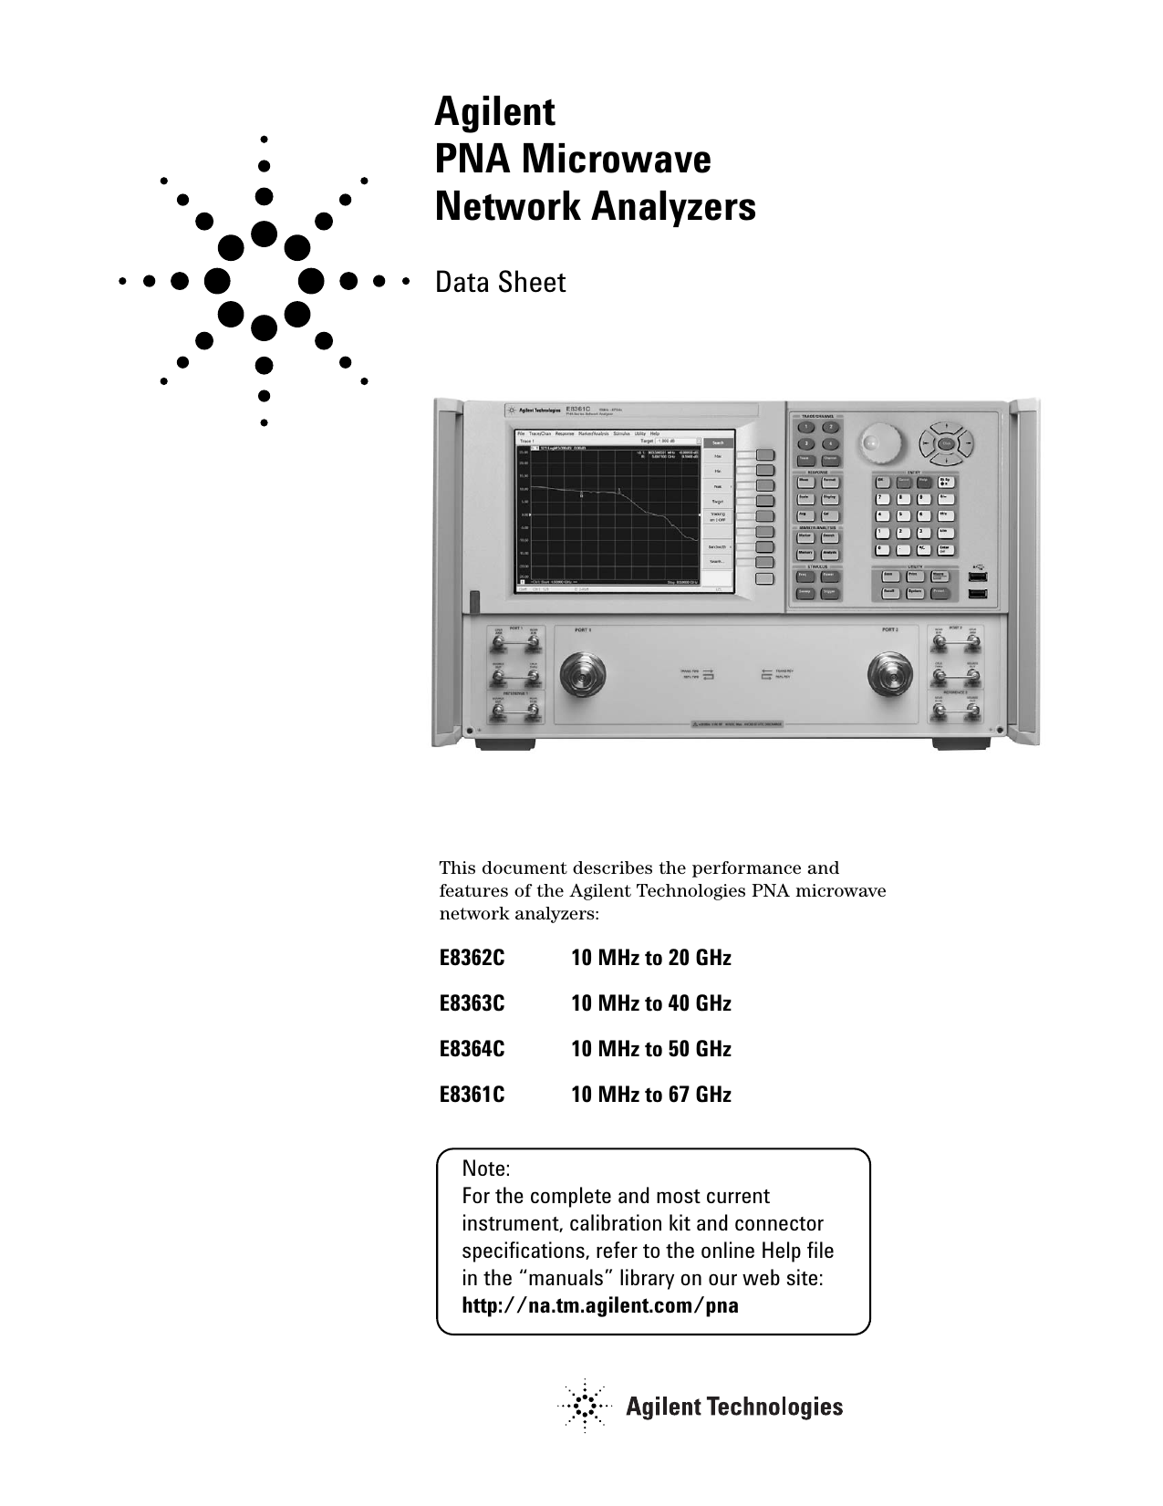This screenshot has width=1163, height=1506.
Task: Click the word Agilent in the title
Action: tap(494, 113)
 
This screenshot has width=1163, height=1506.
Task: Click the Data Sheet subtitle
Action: tap(500, 283)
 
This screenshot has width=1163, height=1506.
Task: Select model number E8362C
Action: tap(472, 959)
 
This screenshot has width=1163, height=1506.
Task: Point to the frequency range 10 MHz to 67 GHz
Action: tap(650, 1095)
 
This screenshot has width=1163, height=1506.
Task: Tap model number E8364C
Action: tap(472, 1049)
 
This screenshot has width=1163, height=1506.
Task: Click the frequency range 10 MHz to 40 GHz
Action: tap(650, 1004)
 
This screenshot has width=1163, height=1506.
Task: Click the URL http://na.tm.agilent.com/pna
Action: tap(600, 1305)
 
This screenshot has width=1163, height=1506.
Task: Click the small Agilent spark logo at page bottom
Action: tap(583, 1406)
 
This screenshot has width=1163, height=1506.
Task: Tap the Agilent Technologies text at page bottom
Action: tap(733, 1407)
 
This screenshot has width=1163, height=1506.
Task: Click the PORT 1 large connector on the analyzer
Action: tap(581, 676)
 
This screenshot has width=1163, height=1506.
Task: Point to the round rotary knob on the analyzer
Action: tap(874, 442)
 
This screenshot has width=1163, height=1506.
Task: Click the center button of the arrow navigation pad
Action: tap(946, 443)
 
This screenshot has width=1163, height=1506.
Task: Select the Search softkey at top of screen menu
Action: tap(718, 442)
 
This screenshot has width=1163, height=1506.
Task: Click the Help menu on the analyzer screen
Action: tap(655, 433)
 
